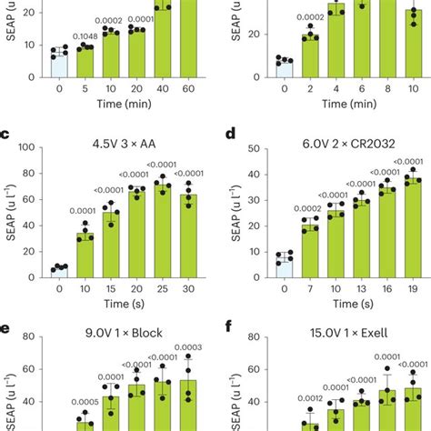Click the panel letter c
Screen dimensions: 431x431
[x=6, y=135]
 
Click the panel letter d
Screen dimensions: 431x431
[x=231, y=135]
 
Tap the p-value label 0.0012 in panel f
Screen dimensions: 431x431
[x=310, y=398]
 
